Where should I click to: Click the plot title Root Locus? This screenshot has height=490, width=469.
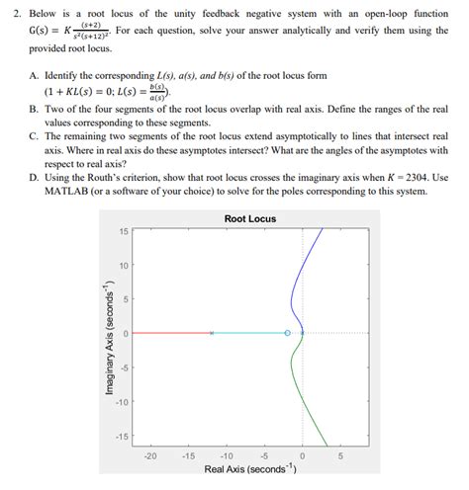point(250,218)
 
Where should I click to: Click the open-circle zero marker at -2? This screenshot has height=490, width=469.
point(288,334)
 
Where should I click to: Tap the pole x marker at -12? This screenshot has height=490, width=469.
point(212,334)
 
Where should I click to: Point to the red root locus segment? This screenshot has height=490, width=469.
point(173,334)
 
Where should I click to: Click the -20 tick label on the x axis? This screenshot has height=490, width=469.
point(150,456)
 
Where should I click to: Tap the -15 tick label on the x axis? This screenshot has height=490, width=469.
point(188,456)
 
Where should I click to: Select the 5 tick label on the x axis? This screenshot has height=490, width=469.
point(340,456)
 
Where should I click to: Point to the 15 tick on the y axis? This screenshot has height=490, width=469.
point(124,231)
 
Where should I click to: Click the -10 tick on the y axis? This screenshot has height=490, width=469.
point(122,402)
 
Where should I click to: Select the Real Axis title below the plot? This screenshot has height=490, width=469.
point(249,470)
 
